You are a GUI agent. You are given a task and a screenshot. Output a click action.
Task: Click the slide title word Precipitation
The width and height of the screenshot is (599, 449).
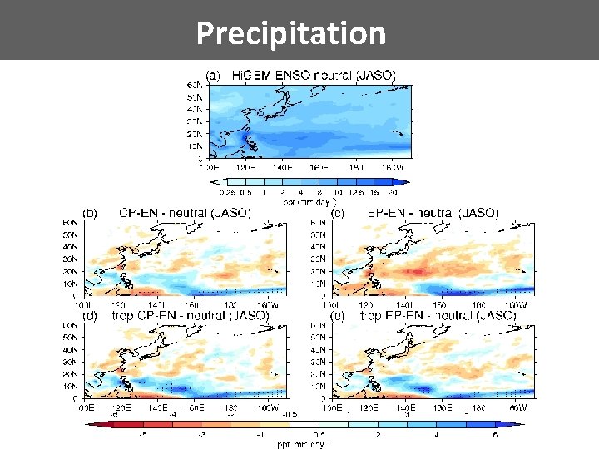click(291, 33)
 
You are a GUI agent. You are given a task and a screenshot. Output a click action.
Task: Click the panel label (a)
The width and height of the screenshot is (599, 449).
click(213, 76)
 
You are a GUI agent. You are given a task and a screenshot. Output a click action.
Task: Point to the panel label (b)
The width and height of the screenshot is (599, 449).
click(89, 213)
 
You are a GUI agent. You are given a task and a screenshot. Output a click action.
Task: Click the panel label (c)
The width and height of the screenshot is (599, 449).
click(338, 213)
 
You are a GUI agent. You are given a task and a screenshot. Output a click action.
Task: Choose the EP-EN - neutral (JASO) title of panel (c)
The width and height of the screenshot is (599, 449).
click(433, 213)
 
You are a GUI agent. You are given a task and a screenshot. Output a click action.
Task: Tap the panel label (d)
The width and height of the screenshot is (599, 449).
click(89, 316)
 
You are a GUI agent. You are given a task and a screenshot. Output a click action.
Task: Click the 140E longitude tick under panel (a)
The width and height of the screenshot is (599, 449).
click(284, 166)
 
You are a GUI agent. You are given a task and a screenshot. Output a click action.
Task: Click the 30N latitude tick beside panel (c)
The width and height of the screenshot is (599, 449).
click(319, 259)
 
